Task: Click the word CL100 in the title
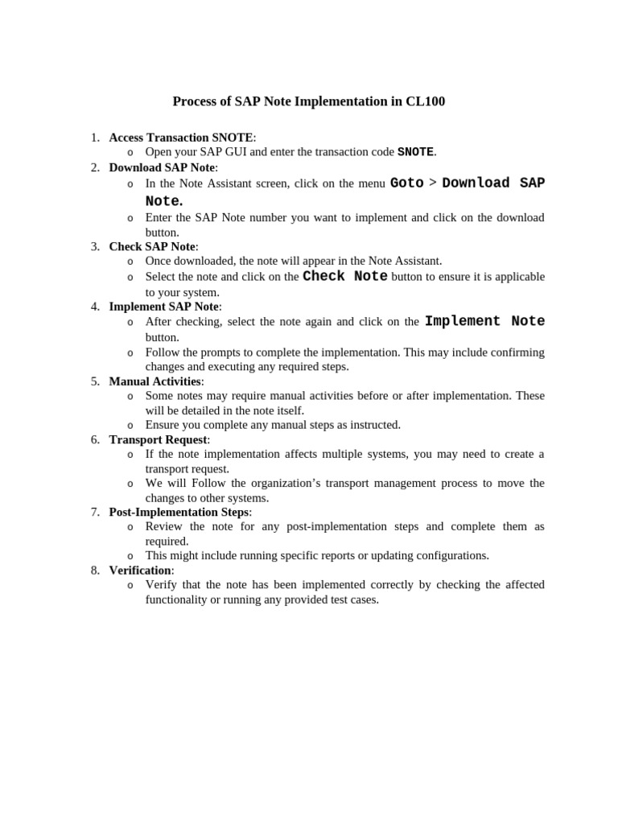(426, 101)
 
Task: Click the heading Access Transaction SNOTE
(181, 138)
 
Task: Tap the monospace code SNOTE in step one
(415, 152)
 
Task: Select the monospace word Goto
(406, 183)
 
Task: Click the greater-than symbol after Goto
(433, 183)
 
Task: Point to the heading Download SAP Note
(162, 167)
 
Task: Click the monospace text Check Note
(345, 277)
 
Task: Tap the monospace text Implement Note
(484, 321)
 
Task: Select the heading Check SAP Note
(152, 246)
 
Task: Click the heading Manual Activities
(154, 381)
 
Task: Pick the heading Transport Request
(158, 439)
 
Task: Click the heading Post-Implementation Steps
(179, 512)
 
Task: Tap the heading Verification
(140, 570)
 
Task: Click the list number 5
(95, 381)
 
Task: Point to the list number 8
(95, 570)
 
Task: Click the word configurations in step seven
(452, 555)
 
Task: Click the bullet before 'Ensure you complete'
(130, 426)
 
